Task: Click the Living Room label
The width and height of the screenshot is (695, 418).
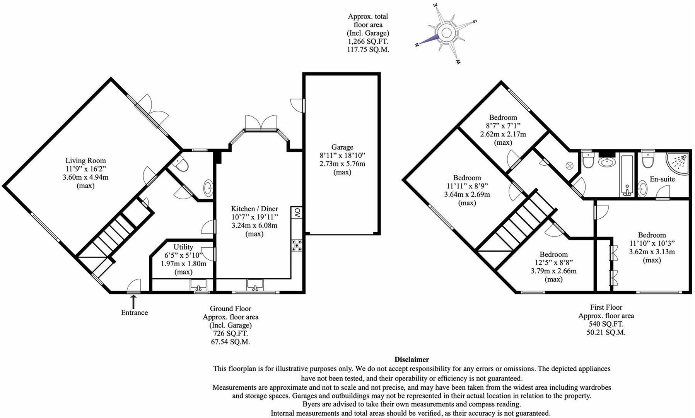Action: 85,161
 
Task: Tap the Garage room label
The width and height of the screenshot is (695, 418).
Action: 342,147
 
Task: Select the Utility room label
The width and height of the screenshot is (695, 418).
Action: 183,247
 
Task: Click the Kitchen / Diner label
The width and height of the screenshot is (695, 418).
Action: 254,209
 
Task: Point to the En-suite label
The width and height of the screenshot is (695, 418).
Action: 662,179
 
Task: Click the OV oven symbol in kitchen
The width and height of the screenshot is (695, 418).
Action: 297,212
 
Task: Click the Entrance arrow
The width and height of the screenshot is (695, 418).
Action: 134,301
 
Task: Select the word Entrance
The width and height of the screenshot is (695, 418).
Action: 134,313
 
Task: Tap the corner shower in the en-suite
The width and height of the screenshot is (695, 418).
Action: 679,163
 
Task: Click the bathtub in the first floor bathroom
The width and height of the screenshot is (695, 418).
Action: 627,175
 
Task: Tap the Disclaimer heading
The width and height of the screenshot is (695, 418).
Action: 412,360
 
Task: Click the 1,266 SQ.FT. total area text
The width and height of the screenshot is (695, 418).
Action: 368,41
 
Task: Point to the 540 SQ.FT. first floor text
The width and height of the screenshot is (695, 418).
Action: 606,324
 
